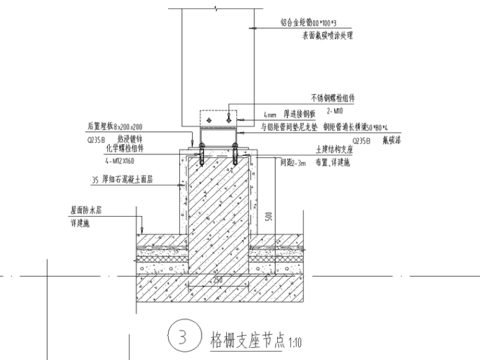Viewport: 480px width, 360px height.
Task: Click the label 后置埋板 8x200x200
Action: pos(117,126)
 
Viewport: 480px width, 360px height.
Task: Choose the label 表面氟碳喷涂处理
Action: pos(327,35)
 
